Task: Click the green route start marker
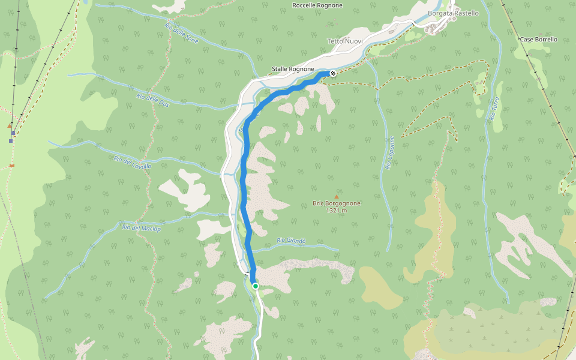tap(255, 286)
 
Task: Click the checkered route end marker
tap(332, 73)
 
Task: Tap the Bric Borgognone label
tap(337, 203)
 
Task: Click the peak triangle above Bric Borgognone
tap(337, 196)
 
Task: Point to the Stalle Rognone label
tap(293, 69)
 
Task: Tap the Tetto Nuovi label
tap(344, 41)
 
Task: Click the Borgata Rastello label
tap(453, 13)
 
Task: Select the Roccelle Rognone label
tap(317, 5)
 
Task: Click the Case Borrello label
tap(538, 40)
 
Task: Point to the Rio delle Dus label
tap(152, 100)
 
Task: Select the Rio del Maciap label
tap(139, 227)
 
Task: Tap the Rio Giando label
tap(291, 241)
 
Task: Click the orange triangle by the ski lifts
tap(10, 126)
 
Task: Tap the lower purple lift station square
tap(11, 141)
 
